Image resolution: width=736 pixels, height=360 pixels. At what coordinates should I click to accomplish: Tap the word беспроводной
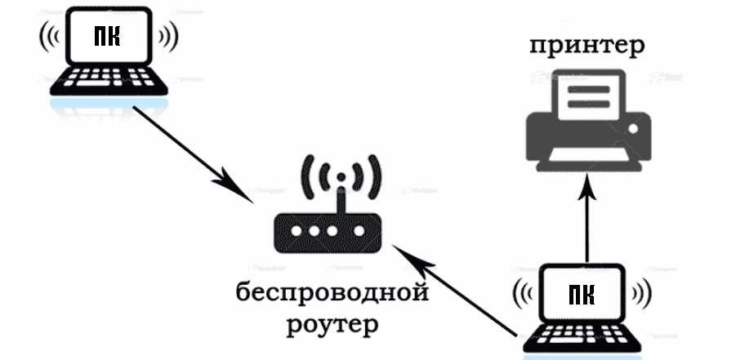[333, 291]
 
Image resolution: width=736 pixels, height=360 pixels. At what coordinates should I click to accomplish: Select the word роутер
[333, 325]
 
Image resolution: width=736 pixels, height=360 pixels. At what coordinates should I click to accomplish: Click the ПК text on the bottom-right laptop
[582, 293]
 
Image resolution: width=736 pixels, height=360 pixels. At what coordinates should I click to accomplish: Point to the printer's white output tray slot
[588, 154]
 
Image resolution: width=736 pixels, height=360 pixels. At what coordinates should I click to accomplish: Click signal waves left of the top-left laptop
[47, 37]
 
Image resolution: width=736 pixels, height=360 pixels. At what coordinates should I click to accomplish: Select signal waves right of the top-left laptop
[167, 37]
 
